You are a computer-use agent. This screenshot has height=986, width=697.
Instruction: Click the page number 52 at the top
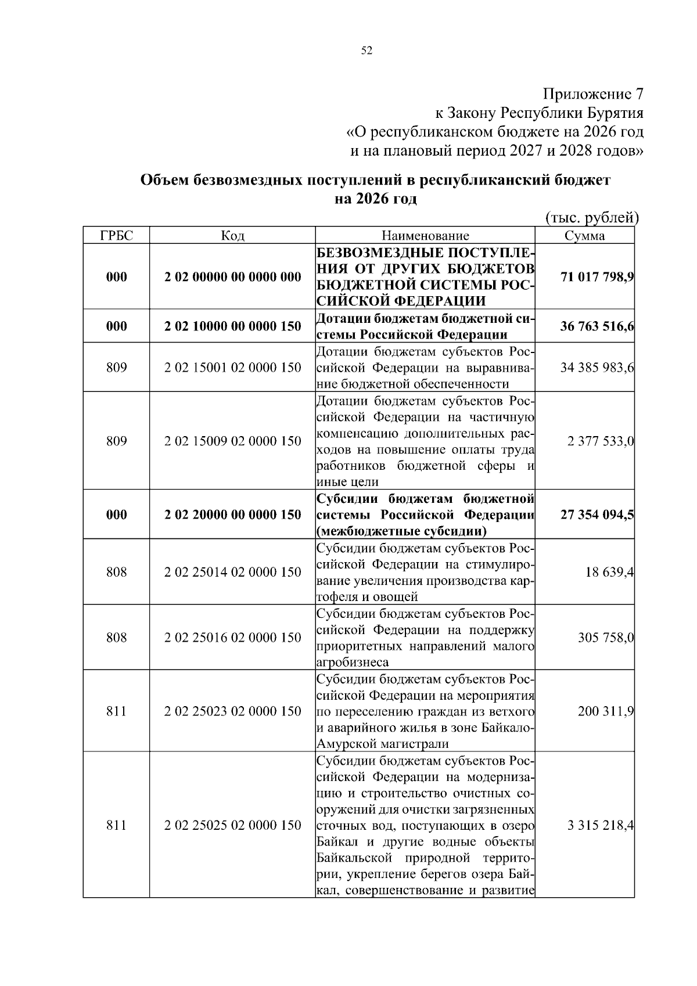pos(367,51)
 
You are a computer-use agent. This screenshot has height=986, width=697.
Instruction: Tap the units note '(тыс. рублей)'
pos(592,218)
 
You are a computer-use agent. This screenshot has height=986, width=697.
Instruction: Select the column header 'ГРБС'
pos(116,235)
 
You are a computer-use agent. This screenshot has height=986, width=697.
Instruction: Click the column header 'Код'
pos(232,235)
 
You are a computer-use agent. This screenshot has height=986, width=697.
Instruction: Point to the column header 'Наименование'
pos(425,235)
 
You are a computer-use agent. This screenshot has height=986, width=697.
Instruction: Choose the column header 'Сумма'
pos(584,235)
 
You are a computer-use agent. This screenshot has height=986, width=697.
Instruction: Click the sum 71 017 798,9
pos(597,276)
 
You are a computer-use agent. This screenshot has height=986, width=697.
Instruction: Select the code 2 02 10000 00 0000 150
pos(233,326)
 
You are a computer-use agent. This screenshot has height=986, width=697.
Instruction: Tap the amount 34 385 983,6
pos(597,368)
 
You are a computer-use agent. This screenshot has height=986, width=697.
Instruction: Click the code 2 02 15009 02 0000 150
pos(233,441)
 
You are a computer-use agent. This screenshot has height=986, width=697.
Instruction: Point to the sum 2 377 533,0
pos(601,441)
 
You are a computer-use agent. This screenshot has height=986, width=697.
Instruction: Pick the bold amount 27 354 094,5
pos(597,515)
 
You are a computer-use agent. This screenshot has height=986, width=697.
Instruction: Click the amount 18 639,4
pos(610,573)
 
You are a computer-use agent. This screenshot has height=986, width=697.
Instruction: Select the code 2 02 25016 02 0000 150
pos(233,638)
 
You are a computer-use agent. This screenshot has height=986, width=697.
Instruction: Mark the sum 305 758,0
pos(606,638)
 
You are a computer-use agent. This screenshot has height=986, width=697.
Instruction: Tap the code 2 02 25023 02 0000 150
pos(233,711)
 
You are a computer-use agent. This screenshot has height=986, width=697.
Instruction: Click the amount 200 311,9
pos(606,711)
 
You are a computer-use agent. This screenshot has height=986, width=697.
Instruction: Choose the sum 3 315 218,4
pos(601,826)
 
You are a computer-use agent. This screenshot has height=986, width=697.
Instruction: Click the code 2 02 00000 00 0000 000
pos(233,276)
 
